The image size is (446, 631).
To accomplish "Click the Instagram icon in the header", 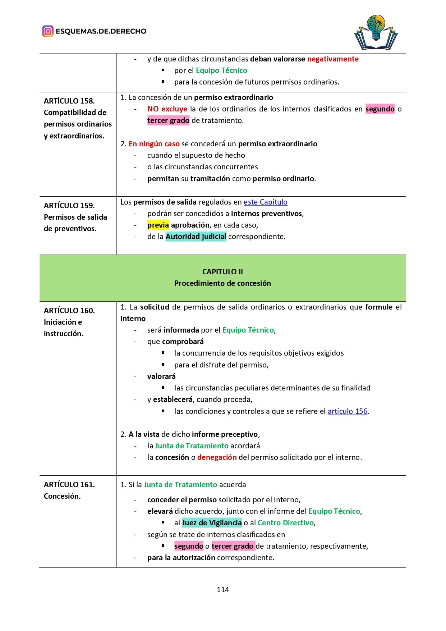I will (48, 31).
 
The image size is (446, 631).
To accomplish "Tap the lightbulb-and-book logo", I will (376, 32).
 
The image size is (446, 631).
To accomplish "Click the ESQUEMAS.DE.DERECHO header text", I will (101, 31).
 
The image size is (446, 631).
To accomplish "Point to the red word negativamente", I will (333, 59).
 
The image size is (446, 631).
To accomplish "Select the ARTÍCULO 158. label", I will (69, 101).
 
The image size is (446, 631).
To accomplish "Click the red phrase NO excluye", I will (167, 109).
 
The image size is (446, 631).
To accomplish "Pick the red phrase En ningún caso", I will (154, 144).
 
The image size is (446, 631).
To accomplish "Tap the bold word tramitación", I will (210, 179).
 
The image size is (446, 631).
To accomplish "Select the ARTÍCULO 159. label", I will (69, 206).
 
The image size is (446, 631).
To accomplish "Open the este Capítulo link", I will (266, 202).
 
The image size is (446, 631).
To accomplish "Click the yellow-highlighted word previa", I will (158, 225).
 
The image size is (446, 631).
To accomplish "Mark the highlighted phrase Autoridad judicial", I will (196, 237).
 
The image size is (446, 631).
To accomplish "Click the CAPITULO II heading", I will (222, 272).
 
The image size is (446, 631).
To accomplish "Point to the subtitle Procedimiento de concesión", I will (222, 283).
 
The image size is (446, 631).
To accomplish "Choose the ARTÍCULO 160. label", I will (69, 311).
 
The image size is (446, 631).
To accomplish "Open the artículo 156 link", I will (348, 411).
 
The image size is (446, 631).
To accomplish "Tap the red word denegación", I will (217, 457).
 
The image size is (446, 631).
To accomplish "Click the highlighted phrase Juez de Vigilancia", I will (212, 523).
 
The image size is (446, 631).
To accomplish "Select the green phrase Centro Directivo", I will (286, 523).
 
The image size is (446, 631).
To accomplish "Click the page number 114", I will (223, 590).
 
